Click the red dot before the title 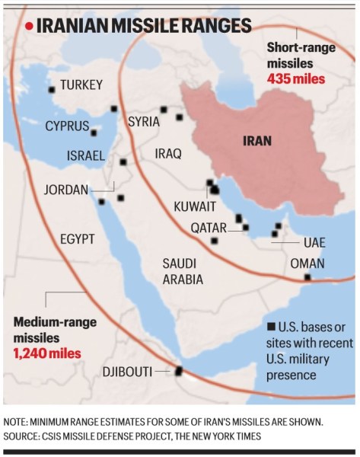(29, 27)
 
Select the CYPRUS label (66, 126)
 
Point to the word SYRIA (144, 121)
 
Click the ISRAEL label (85, 155)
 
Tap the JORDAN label (66, 190)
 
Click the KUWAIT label (195, 206)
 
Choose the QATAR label (209, 228)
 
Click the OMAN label (307, 264)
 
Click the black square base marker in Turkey (52, 89)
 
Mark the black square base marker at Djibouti (180, 371)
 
